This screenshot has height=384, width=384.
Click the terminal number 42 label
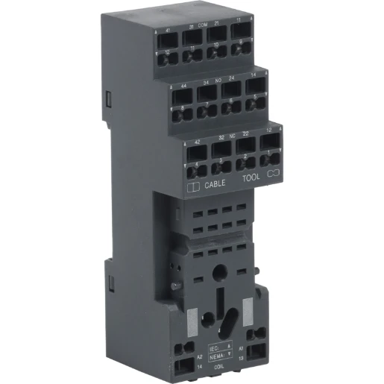pyautogui.click(x=197, y=141)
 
